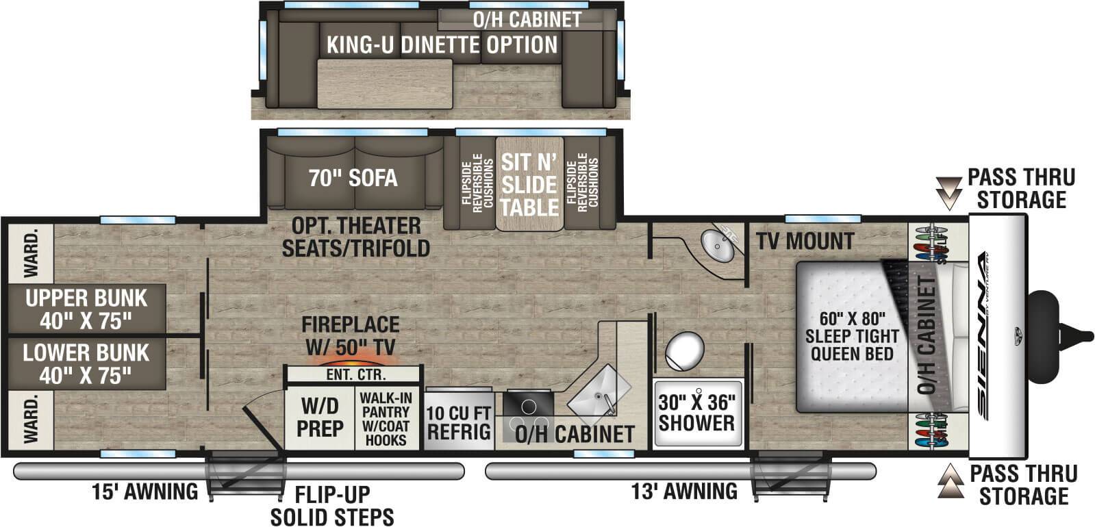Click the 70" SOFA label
coord(353,178)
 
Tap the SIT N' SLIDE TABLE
coord(529,184)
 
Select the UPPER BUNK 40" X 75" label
coord(86,309)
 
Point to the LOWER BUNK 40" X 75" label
coord(86,363)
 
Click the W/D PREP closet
coord(320,417)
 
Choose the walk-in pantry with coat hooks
coord(386,418)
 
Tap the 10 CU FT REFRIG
coord(459,422)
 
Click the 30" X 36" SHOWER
coord(696,413)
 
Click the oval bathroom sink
coord(718,244)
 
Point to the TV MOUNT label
coord(805,241)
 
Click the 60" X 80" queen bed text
coord(852,335)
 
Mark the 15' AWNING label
coord(145,491)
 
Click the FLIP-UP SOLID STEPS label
coord(332,505)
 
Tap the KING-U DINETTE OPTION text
coord(442,45)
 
